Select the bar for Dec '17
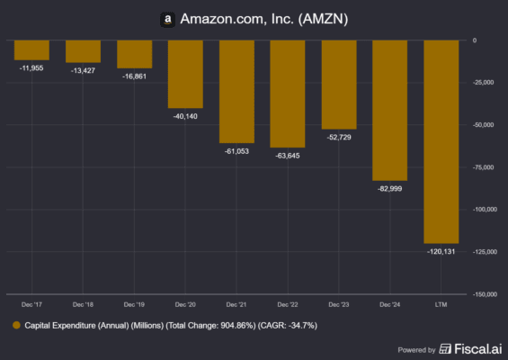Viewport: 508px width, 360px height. click(31, 50)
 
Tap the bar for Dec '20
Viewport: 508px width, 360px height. click(185, 75)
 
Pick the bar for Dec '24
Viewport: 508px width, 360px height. click(389, 111)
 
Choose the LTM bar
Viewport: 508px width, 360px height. click(441, 141)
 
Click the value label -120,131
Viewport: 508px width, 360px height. click(441, 252)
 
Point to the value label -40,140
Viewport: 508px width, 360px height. click(185, 117)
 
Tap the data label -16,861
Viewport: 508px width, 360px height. click(134, 77)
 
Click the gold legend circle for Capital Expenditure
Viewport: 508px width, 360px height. click(15, 325)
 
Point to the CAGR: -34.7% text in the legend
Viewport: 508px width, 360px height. click(287, 325)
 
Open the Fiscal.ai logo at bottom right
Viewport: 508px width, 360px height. click(463, 348)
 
